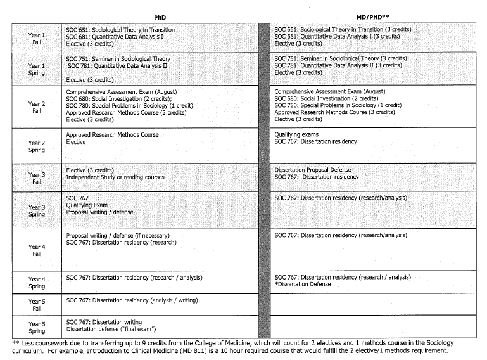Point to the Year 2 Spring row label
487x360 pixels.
[37, 146]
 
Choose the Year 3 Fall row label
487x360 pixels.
[37, 178]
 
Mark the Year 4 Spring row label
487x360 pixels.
[37, 282]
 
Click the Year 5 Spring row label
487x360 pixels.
[37, 327]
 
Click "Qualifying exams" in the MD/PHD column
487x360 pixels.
[296, 135]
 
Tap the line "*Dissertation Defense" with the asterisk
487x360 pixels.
[305, 285]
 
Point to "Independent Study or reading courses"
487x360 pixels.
[115, 177]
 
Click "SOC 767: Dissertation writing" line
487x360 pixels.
[104, 322]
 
